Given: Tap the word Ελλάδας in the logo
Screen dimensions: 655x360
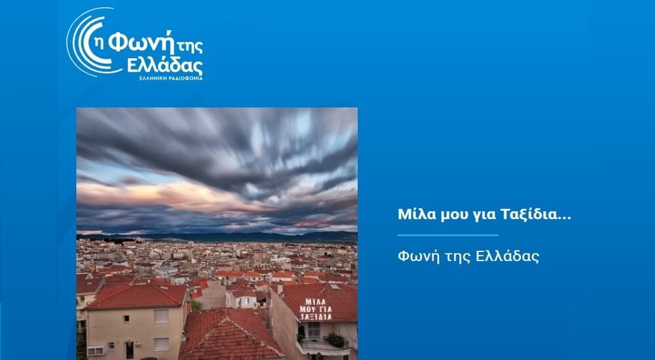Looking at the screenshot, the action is (165, 65).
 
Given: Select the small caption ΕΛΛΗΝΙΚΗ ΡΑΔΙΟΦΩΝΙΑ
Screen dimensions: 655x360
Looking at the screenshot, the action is (171, 78).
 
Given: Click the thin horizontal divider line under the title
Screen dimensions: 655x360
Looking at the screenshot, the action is (448, 235).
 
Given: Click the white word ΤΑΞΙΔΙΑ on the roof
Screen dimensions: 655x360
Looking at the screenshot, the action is (316, 317).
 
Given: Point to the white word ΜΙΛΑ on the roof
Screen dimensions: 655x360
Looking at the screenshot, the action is (316, 302).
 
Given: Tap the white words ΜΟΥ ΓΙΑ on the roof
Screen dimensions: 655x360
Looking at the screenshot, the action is (316, 310).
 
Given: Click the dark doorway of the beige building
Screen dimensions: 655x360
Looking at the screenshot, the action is (130, 350).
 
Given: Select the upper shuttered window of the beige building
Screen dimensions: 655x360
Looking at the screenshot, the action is (161, 316).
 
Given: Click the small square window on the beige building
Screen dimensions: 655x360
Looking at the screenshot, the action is (126, 319).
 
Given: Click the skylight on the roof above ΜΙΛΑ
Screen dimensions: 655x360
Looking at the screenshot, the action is (335, 287).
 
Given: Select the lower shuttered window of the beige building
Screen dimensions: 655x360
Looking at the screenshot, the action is (161, 344).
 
